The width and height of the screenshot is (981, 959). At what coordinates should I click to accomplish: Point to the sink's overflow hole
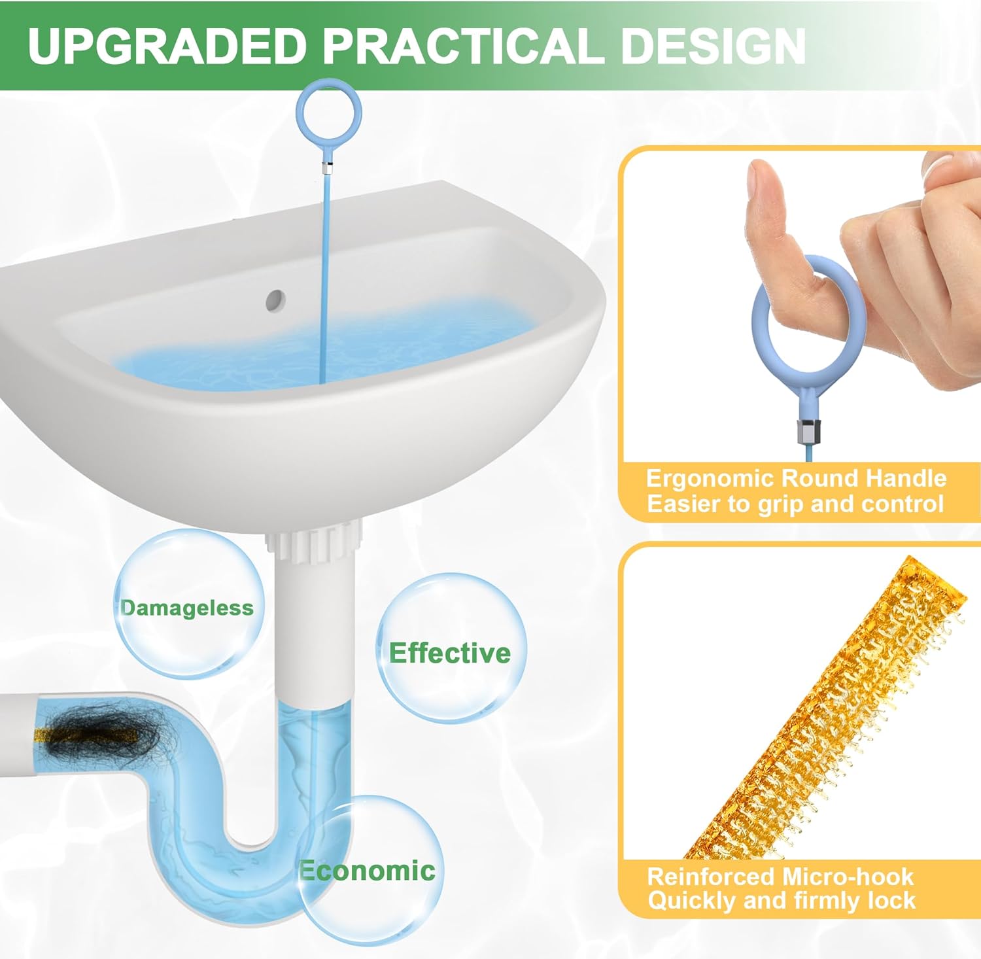pos(275,300)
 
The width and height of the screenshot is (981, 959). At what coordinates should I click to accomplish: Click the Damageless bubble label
pos(187,608)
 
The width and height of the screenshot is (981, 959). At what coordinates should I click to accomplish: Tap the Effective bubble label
pos(450,653)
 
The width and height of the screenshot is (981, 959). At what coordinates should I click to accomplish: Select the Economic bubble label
pos(368,870)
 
